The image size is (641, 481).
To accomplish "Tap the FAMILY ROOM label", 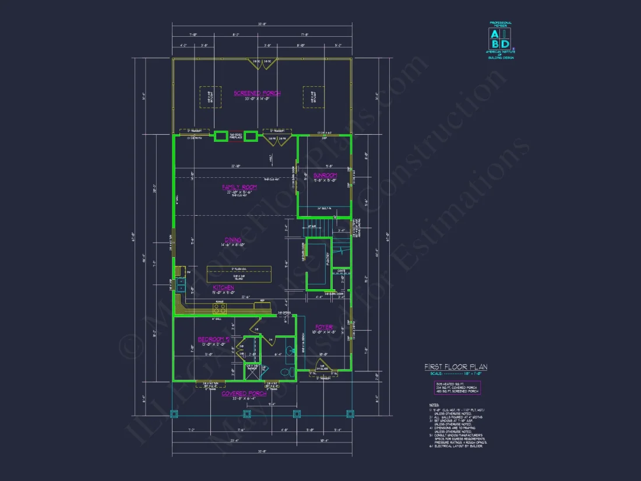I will click(239, 187).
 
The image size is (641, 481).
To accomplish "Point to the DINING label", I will click(233, 240).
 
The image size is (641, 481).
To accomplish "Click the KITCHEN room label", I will click(223, 288).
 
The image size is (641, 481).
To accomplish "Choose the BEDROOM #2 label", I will click(213, 339).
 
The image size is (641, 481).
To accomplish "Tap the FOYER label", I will click(323, 327).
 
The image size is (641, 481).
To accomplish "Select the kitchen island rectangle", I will click(239, 273).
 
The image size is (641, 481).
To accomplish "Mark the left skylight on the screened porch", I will click(206, 97).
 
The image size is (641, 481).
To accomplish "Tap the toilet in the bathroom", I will click(286, 372).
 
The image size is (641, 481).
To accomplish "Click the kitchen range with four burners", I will click(220, 308).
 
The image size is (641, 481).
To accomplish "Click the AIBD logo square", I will click(499, 38).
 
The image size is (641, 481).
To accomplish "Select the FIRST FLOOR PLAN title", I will click(456, 367).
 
